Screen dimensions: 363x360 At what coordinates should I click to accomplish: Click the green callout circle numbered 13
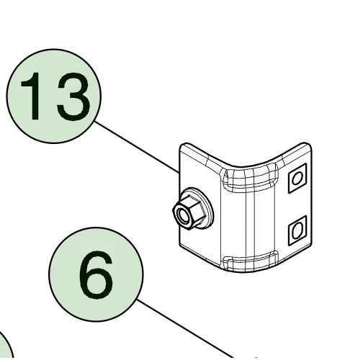coord(54,96)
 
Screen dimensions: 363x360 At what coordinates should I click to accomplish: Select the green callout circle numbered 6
coord(96,274)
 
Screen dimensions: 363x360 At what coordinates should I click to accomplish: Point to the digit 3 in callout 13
coord(73,96)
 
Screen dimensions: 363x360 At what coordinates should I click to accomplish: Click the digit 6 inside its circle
coord(96,275)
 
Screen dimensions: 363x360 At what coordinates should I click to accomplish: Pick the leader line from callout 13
coord(137,147)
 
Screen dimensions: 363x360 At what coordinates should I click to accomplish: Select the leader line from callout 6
coord(185,328)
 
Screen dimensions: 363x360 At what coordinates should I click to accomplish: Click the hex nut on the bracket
coord(189,212)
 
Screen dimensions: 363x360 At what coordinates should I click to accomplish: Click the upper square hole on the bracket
coord(297,178)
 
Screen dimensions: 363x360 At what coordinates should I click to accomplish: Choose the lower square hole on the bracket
coord(297,230)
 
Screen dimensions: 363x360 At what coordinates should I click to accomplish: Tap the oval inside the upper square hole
coord(297,179)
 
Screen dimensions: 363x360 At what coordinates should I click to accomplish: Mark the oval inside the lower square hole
coord(297,230)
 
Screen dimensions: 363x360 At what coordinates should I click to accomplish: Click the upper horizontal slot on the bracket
coord(251,177)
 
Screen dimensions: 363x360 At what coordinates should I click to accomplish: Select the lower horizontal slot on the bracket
coord(251,260)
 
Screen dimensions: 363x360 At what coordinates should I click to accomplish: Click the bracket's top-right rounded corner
coord(308,145)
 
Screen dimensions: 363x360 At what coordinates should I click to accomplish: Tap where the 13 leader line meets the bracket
coord(179,173)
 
